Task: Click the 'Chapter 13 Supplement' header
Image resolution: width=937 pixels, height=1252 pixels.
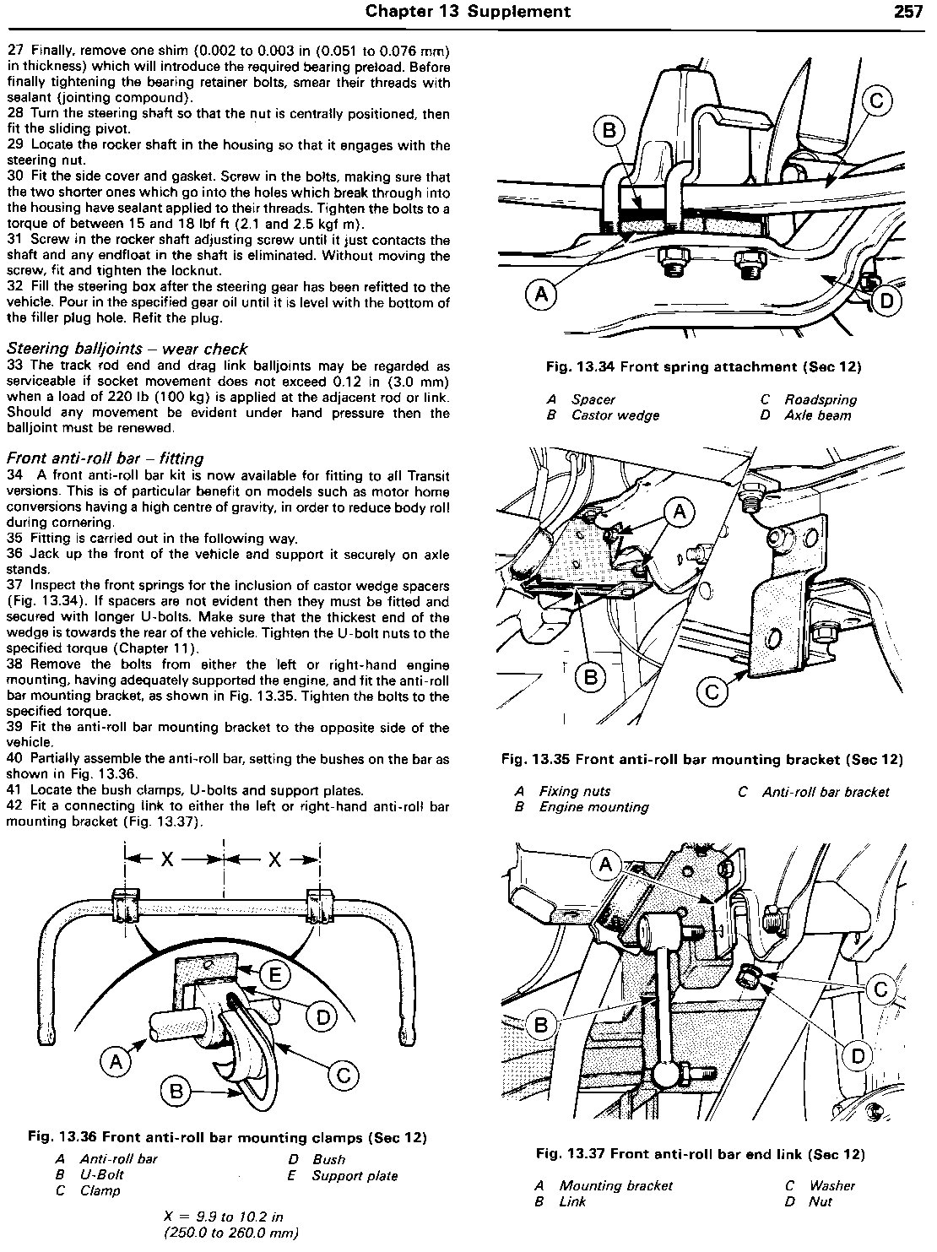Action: point(467,11)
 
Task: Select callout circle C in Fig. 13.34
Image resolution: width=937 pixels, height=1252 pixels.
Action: point(877,102)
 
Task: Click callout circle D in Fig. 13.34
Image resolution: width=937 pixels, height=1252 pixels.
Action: point(887,301)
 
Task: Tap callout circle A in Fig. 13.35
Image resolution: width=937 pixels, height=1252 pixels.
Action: point(680,512)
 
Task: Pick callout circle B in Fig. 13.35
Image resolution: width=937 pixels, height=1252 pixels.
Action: point(590,675)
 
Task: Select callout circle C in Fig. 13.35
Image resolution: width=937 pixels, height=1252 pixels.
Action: point(712,692)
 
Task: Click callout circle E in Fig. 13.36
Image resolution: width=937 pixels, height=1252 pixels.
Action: point(276,976)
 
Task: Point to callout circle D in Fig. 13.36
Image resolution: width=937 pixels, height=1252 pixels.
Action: point(322,1016)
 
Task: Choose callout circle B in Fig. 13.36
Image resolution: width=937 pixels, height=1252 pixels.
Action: point(176,1092)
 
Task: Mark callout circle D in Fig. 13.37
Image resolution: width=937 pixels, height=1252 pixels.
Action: point(858,1055)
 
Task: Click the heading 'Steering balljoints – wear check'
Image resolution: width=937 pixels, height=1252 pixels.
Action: point(127,349)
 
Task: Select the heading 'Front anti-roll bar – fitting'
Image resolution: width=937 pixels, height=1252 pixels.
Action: point(105,458)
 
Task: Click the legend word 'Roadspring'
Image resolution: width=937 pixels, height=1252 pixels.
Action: point(820,399)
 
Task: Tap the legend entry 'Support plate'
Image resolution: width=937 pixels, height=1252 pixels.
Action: point(355,1175)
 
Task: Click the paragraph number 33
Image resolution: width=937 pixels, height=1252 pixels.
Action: point(16,366)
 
